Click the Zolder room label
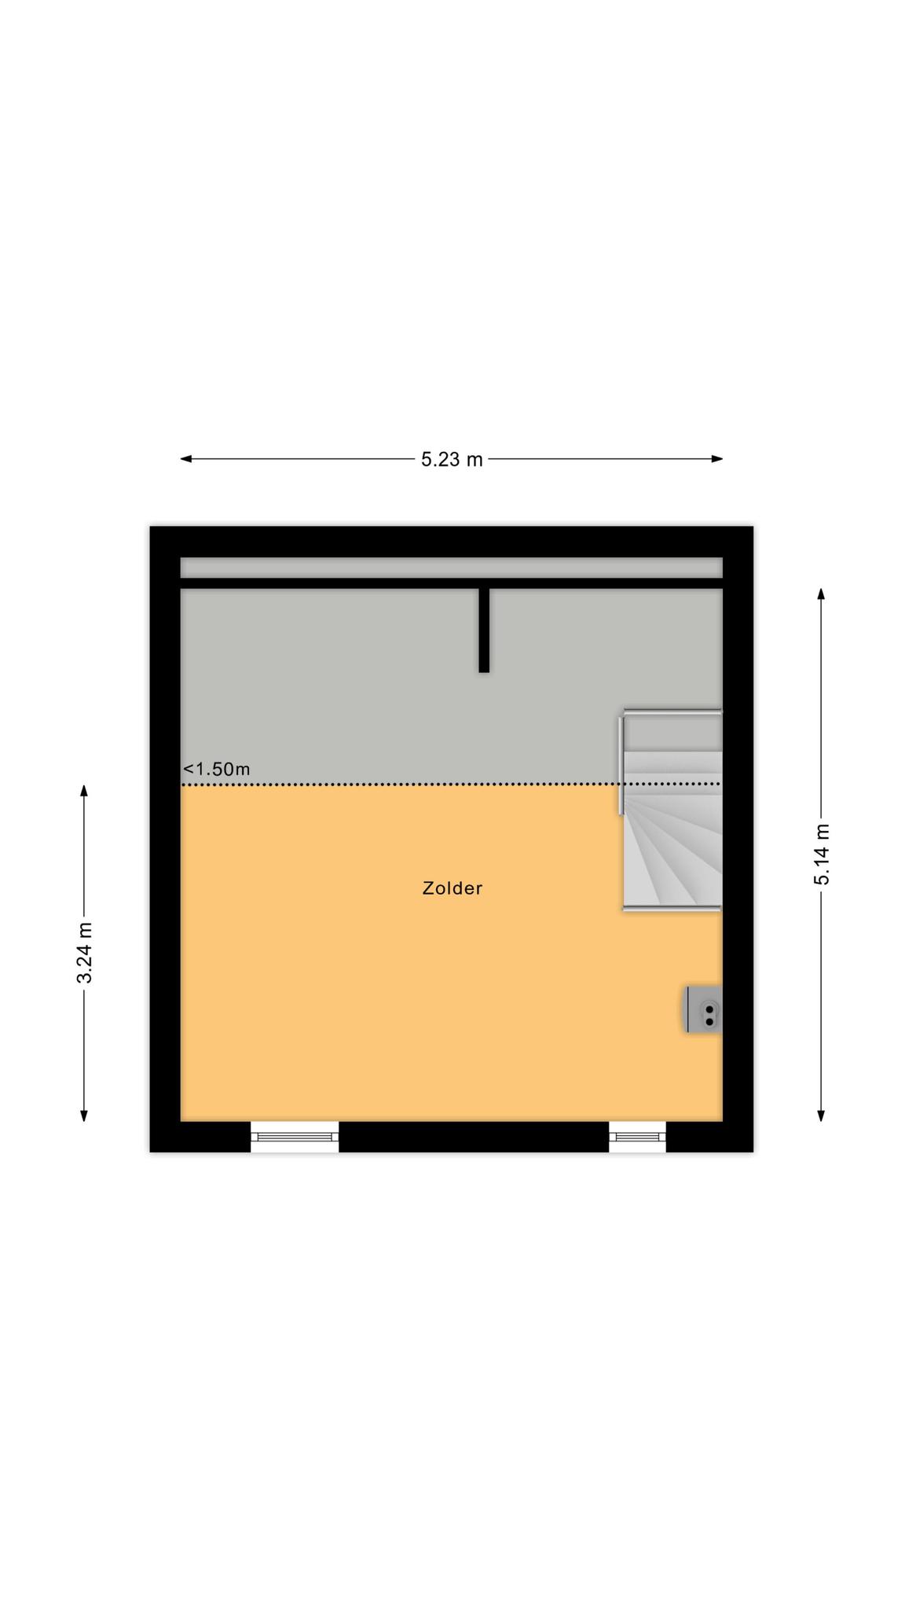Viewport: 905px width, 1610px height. pos(452,888)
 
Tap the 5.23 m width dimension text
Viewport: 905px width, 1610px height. pos(452,460)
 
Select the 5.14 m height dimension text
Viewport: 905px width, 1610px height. pos(822,855)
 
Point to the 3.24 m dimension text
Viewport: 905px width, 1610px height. pos(85,953)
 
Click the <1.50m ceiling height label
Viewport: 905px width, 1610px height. pos(217,769)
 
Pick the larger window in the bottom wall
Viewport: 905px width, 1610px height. pos(295,1137)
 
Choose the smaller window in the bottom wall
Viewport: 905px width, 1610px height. pos(637,1137)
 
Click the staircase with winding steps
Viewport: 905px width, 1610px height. pos(672,810)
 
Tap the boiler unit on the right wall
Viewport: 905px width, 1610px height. pos(704,1009)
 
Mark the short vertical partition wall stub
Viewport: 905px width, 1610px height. pos(484,630)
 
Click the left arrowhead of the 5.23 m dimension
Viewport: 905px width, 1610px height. pos(186,459)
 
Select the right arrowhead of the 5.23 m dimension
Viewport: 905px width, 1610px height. pos(717,459)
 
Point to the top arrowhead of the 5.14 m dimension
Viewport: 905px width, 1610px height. pos(821,594)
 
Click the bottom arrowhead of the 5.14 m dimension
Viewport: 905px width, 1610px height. pos(821,1116)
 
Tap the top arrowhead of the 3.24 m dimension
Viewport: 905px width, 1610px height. pos(84,790)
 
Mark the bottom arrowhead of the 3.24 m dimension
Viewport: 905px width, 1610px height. pos(84,1116)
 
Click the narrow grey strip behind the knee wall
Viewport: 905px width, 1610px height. pos(452,568)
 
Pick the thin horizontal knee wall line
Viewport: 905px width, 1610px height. pos(452,583)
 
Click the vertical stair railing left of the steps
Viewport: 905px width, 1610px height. pos(621,764)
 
